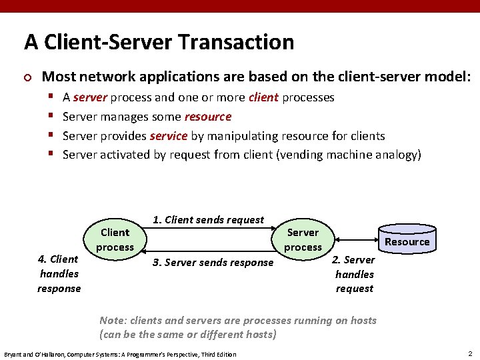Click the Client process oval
coord(115,240)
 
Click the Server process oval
coord(303,240)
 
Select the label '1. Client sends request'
coord(208,220)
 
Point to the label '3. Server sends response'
coord(213,263)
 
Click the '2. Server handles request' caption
coord(354,274)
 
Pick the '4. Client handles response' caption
coord(59,273)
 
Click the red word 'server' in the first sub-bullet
coord(90,97)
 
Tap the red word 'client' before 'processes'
coord(263,97)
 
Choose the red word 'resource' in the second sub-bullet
coord(208,117)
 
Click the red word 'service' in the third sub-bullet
coord(169,136)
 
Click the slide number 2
coord(470,353)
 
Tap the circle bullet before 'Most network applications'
coord(28,77)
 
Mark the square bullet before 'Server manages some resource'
coord(51,117)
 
